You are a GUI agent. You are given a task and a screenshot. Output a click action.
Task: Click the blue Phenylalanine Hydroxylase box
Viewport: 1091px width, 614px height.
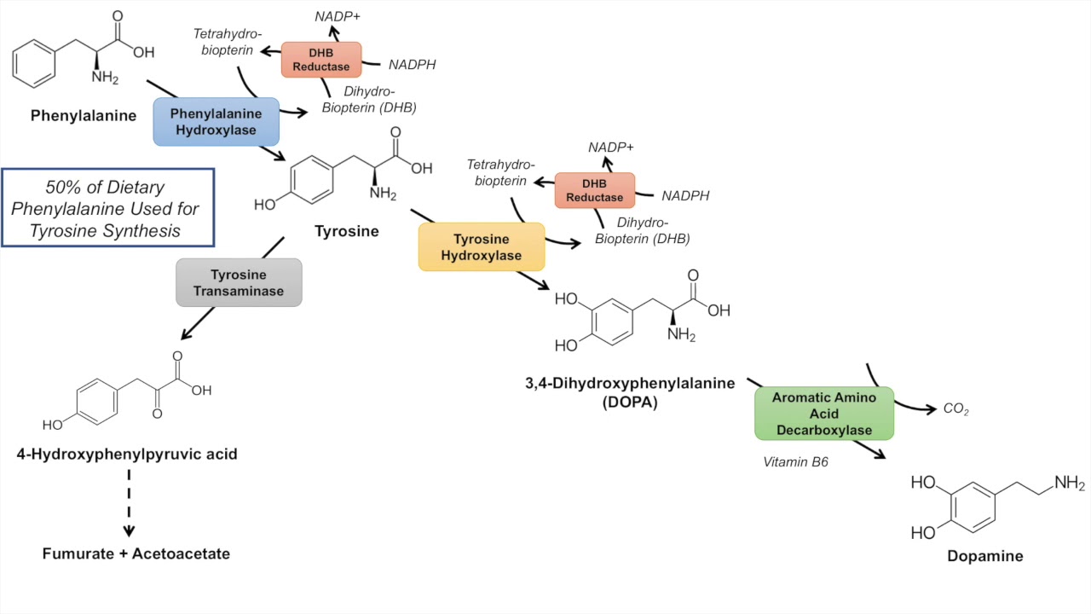click(x=216, y=121)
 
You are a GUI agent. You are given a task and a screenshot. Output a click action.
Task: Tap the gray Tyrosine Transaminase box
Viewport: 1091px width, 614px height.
click(x=239, y=282)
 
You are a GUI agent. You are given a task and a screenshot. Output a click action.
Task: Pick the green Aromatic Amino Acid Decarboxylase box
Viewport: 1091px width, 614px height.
click(x=824, y=414)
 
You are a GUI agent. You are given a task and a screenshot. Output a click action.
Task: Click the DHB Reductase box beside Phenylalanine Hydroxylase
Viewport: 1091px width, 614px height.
click(x=321, y=60)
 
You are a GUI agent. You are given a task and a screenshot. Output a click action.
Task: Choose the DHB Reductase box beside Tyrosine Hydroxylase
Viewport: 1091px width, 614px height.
click(x=595, y=190)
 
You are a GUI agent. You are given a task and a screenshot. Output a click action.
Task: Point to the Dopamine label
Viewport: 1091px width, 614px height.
click(x=984, y=556)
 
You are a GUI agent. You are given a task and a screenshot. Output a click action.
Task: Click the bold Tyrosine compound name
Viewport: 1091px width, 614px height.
click(x=346, y=231)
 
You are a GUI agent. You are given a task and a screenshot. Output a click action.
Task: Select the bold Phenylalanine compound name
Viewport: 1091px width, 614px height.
click(x=84, y=115)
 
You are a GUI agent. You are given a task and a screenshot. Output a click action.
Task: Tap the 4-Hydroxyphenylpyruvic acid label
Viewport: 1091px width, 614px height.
click(x=127, y=454)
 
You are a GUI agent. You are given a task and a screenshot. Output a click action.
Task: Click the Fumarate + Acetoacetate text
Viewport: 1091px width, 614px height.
click(x=136, y=553)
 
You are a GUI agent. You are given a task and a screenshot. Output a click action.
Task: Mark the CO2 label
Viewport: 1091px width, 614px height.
click(x=956, y=409)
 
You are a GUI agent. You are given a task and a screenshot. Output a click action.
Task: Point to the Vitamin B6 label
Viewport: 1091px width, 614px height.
click(x=796, y=461)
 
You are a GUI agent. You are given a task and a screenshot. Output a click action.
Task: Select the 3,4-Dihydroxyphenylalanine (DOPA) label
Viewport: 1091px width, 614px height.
click(x=630, y=392)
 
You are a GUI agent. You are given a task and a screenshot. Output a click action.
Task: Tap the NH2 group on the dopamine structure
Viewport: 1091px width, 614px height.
click(x=1069, y=484)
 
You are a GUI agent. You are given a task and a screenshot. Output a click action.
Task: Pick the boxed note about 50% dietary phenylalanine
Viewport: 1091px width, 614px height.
click(x=107, y=208)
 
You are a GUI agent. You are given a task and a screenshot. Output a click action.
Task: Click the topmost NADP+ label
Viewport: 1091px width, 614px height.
click(x=337, y=16)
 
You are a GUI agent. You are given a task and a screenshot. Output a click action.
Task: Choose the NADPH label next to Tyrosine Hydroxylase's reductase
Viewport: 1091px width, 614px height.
click(x=685, y=196)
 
